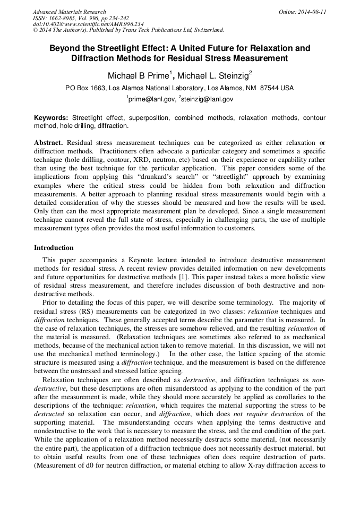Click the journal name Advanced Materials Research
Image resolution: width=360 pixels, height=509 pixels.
[69, 12]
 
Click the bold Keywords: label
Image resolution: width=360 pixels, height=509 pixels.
[51, 117]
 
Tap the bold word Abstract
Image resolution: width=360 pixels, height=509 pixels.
[49, 143]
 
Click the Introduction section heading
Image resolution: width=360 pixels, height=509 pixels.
[54, 247]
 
